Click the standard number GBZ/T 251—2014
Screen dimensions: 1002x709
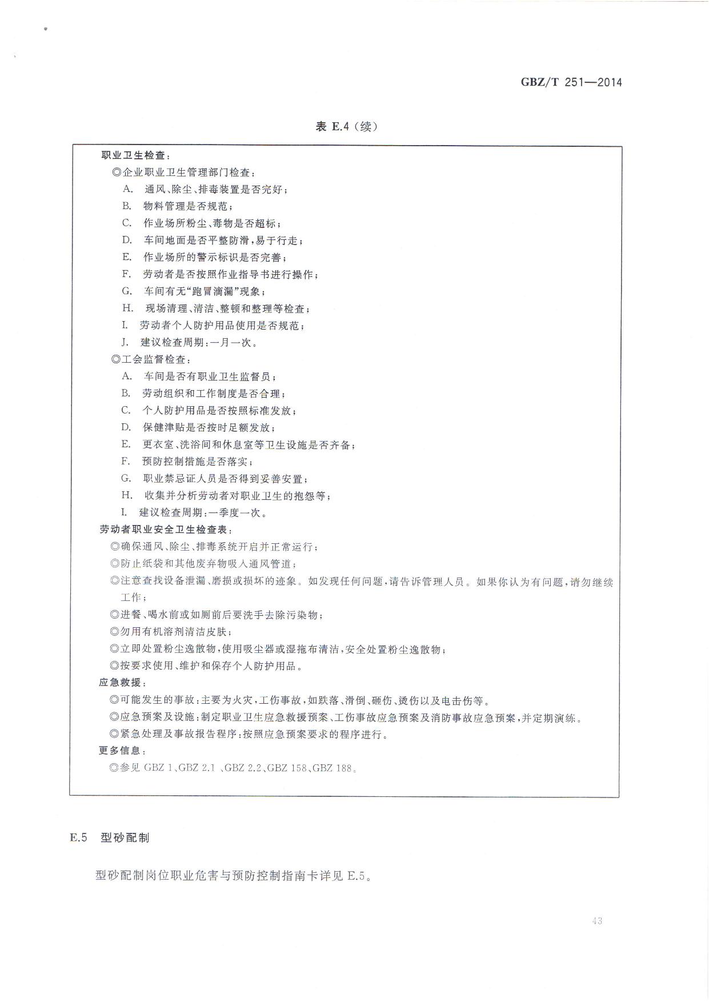[x=571, y=82]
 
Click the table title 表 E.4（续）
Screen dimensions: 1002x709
[x=346, y=127]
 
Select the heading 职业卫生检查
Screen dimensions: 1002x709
[x=135, y=155]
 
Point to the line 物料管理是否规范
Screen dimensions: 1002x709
[x=187, y=206]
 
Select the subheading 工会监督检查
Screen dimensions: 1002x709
[x=152, y=360]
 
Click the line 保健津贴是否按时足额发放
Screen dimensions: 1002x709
[x=208, y=427]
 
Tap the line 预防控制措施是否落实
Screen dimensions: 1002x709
[x=197, y=462]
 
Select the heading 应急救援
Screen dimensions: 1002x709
[x=122, y=683]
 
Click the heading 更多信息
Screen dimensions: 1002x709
[x=122, y=751]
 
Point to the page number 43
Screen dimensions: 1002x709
[x=598, y=921]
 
